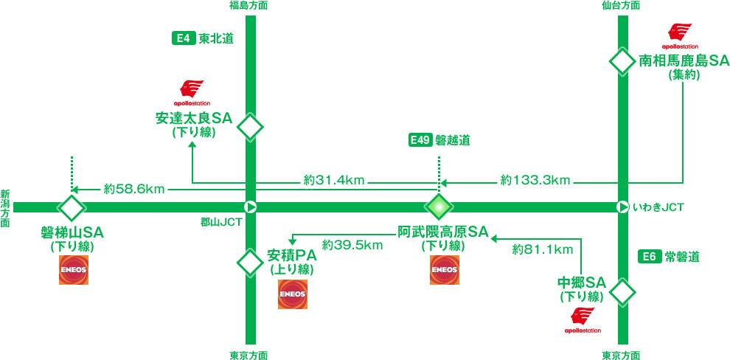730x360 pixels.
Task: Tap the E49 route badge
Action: tap(419, 140)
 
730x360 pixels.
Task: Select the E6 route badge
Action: tap(648, 257)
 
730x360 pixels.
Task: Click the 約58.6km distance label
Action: tap(134, 189)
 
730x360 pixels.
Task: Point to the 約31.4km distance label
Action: tap(334, 179)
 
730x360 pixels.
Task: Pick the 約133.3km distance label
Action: tap(535, 179)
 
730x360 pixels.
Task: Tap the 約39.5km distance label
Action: tap(352, 244)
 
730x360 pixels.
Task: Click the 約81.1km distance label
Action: tap(543, 250)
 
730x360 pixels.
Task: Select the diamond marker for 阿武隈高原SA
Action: tap(439, 207)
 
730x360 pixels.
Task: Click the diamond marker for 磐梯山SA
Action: tap(72, 207)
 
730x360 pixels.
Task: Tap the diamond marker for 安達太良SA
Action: tap(250, 127)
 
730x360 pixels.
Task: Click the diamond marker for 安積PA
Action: tap(250, 260)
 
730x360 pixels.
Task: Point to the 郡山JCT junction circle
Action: tap(250, 207)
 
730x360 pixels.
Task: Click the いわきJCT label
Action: tap(658, 209)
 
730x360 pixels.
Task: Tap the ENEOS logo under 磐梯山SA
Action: tap(73, 270)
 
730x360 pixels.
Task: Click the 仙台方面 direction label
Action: tap(620, 6)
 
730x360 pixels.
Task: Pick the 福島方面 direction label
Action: tap(249, 6)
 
